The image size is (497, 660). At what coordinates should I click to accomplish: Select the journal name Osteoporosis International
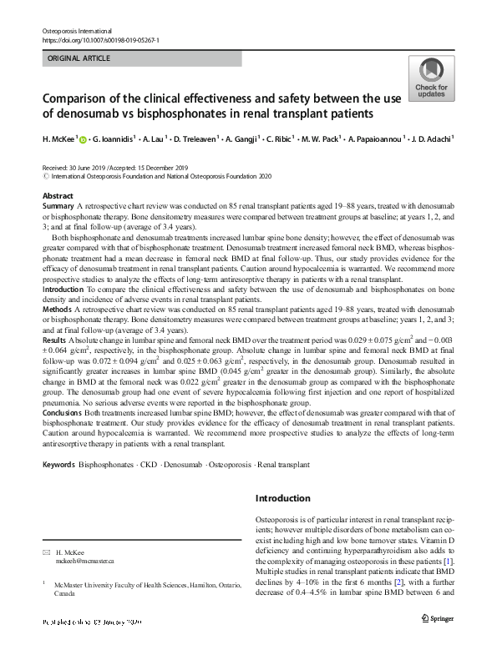(x=77, y=31)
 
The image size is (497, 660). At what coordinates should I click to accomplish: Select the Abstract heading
(x=58, y=195)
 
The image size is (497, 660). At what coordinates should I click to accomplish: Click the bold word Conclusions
(x=63, y=412)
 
